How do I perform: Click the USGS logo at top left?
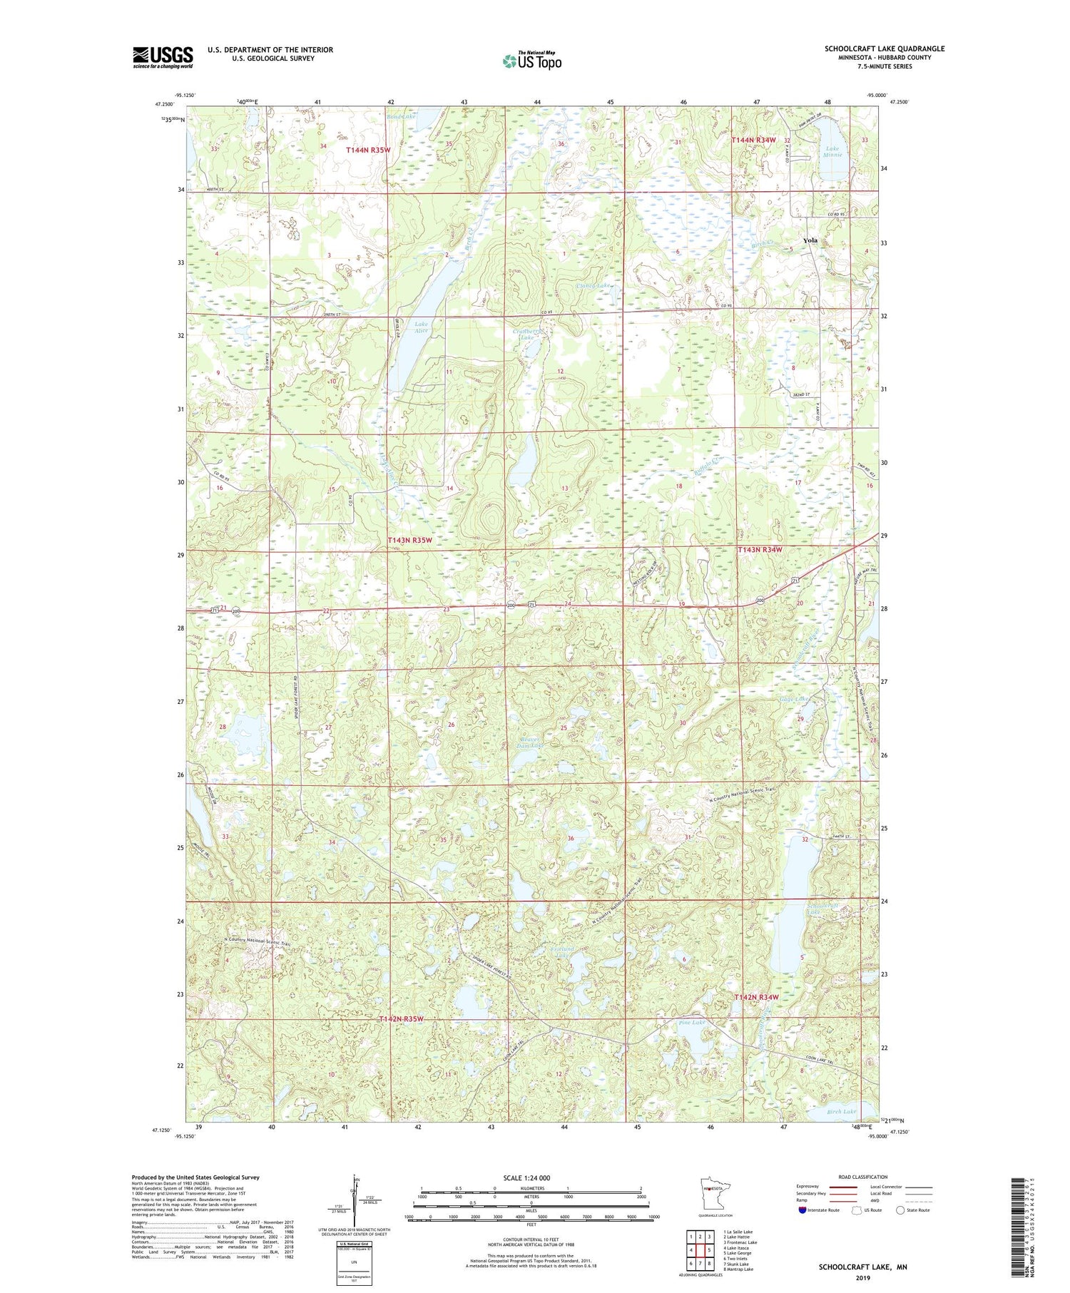[x=163, y=57]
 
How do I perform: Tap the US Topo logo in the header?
[x=531, y=61]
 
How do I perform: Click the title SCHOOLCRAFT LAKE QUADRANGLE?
[x=885, y=48]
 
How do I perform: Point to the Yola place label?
[x=810, y=240]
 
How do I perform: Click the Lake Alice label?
[x=422, y=327]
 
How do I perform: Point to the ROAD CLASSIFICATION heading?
[x=863, y=1177]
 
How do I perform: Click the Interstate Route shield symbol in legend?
[x=802, y=1210]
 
